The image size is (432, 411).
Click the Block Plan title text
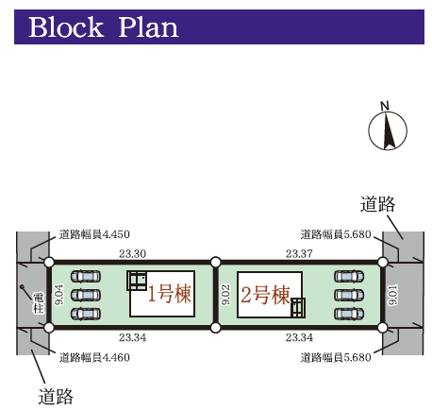pos(104,27)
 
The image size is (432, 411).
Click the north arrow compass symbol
pos(388,129)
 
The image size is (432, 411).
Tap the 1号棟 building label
pos(169,294)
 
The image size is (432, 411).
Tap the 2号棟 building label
pos(265,295)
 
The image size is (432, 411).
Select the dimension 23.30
pos(132,253)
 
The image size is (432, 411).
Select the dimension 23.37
pos(299,253)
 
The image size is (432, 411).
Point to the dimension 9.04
pos(58,295)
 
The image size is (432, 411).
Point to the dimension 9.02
pos(225,295)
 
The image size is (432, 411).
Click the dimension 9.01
pos(393,295)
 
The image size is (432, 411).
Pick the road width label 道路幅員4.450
pos(94,234)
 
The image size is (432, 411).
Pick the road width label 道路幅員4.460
pos(94,357)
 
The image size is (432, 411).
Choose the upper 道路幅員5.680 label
pos(336,234)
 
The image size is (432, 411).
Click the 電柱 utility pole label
pos(39,302)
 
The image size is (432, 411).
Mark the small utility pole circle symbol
pos(22,286)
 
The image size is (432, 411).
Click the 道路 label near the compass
pos(377,204)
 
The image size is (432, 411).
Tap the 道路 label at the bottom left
pos(56,397)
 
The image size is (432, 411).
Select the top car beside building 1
pos(86,277)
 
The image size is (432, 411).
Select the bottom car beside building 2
pos(349,314)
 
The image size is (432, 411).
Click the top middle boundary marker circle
pos(215,262)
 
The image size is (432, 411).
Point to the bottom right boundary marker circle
pos(383,328)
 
